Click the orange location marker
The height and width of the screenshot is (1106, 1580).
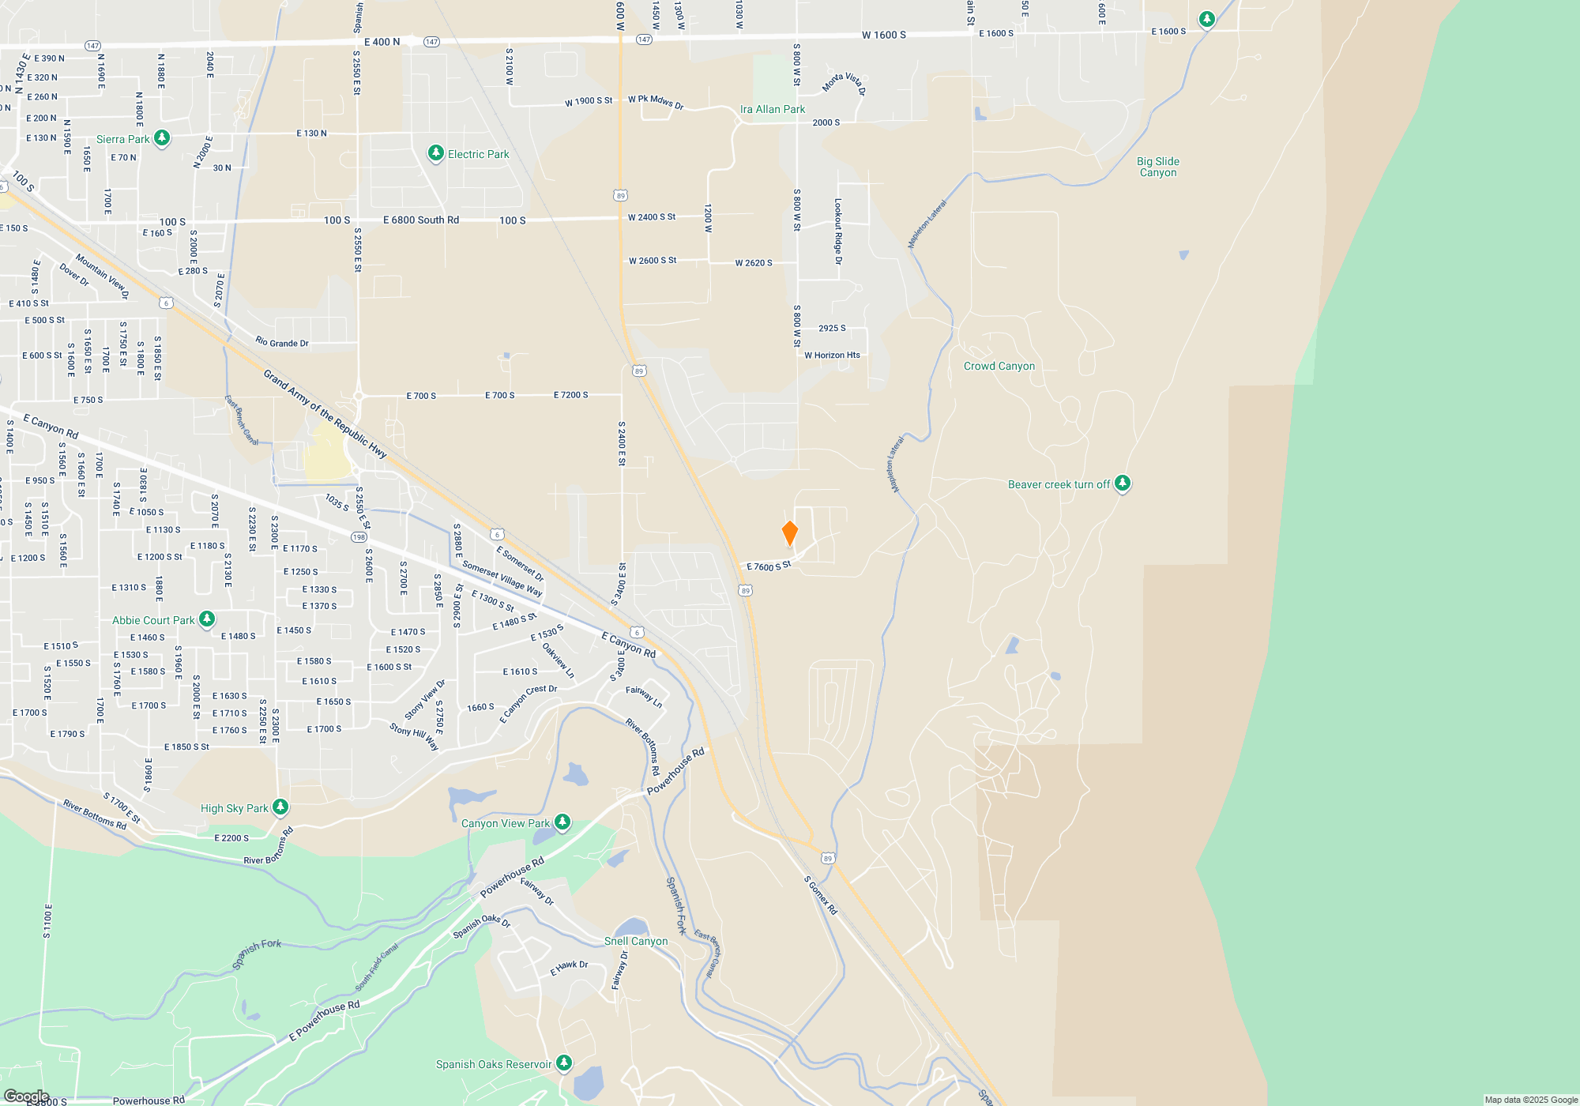[x=789, y=533]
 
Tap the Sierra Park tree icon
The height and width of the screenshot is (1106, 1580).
[x=162, y=138]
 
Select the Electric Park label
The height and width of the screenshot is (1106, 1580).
[x=478, y=154]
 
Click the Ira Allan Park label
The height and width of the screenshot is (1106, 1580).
[x=772, y=110]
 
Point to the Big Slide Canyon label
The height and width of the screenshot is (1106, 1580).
[x=1157, y=167]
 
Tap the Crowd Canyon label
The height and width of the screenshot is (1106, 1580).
[x=999, y=366]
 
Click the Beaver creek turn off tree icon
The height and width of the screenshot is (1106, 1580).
[x=1122, y=483]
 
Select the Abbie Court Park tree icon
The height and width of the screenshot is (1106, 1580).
[x=206, y=619]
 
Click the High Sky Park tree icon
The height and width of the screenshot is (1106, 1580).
[x=280, y=807]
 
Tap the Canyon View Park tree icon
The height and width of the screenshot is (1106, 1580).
[x=562, y=822]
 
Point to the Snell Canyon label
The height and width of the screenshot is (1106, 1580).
[x=635, y=941]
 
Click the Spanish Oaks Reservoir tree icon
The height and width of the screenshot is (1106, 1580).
[x=563, y=1063]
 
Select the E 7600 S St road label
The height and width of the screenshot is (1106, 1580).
[x=768, y=566]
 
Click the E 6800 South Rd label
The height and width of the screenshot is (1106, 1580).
[x=420, y=220]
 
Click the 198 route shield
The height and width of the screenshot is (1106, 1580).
[x=359, y=537]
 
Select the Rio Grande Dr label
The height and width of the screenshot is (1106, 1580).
[x=281, y=342]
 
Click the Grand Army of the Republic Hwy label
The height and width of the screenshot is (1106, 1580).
[x=325, y=414]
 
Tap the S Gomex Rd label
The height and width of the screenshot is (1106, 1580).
[x=820, y=895]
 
